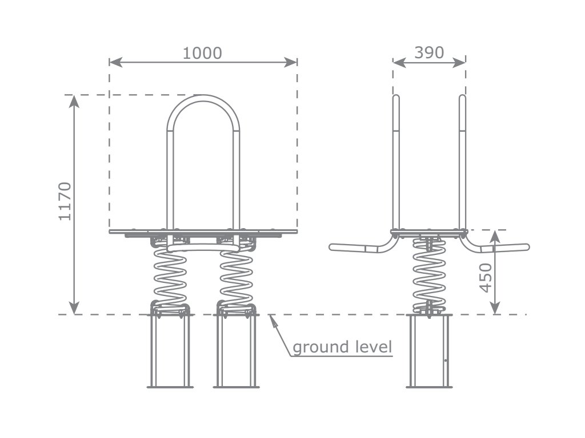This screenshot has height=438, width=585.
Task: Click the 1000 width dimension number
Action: tap(202, 53)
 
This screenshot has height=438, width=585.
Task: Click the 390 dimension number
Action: tap(429, 52)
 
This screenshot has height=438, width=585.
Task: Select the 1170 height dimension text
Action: tap(65, 201)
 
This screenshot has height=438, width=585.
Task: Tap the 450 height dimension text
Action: tap(485, 278)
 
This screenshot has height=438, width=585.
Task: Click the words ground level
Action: tap(342, 347)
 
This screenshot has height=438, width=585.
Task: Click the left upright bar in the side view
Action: tap(395, 160)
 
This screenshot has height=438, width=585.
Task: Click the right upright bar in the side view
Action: tap(462, 160)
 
